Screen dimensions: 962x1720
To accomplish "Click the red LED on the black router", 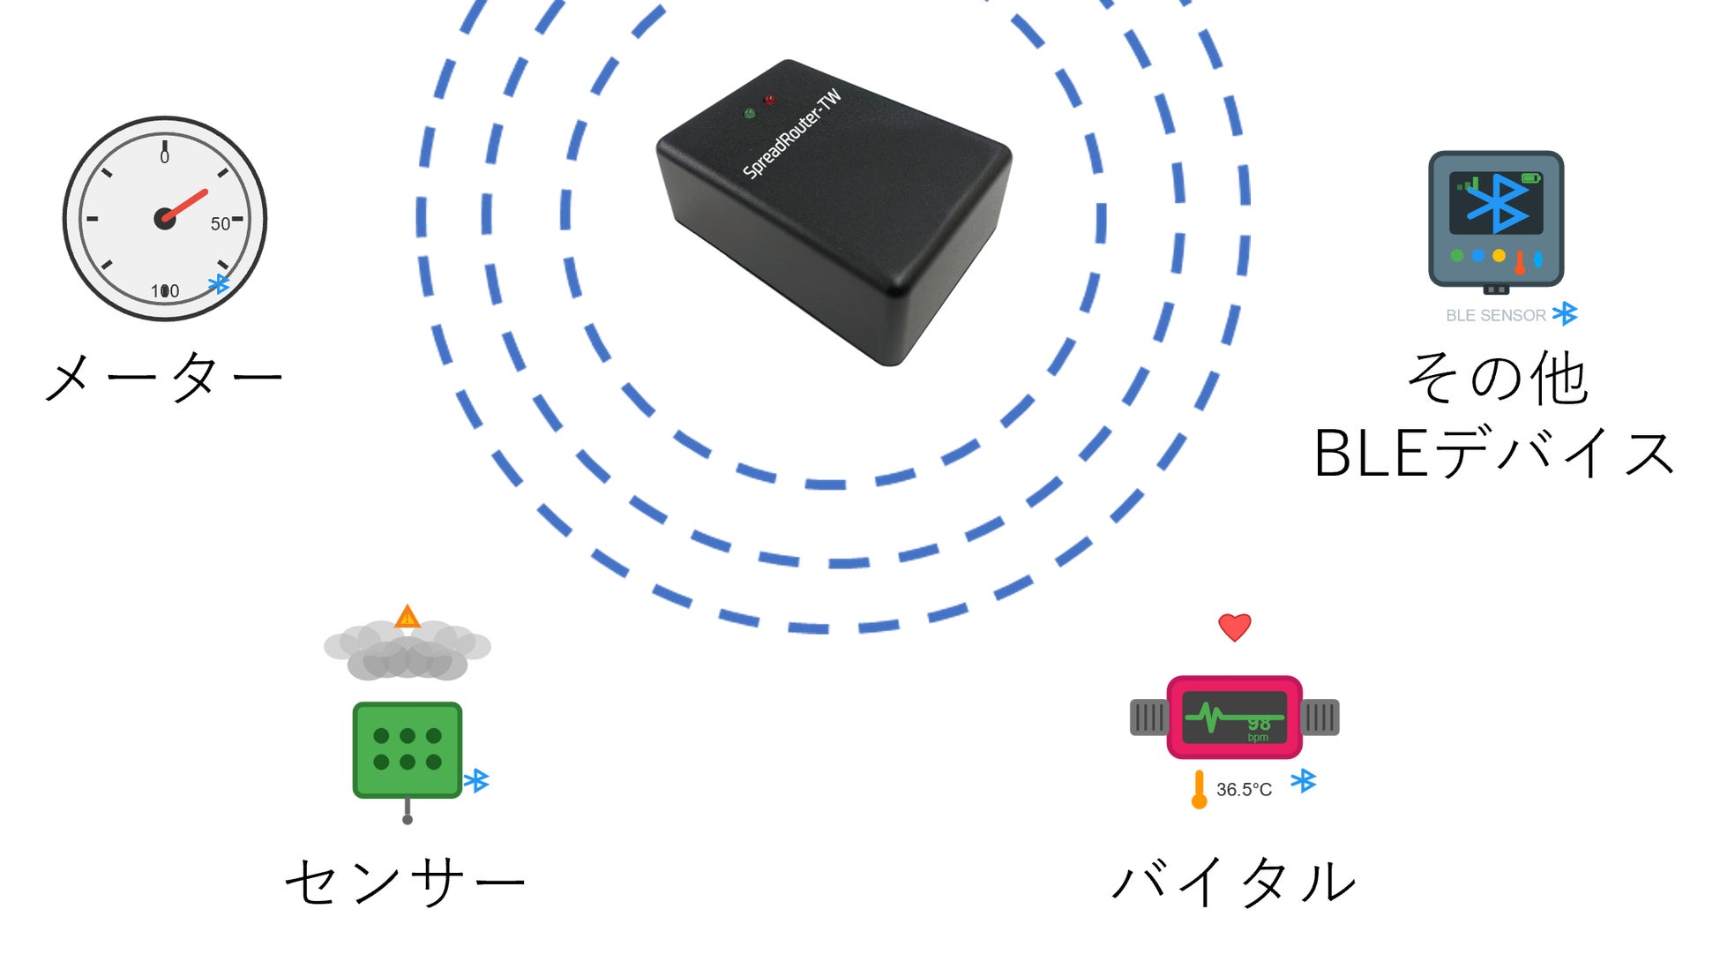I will (x=769, y=100).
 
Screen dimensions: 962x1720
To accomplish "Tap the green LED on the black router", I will (x=750, y=113).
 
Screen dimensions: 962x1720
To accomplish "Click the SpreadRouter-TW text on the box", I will (x=792, y=134).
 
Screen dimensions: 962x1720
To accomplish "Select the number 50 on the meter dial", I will (x=220, y=224).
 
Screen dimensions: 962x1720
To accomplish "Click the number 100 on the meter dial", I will (x=165, y=291).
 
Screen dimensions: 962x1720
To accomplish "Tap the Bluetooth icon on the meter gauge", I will (x=218, y=284).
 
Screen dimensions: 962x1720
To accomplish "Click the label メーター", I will (x=163, y=377).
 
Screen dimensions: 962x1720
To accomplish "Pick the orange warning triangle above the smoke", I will (x=407, y=616).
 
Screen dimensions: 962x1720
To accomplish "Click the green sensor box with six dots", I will (x=408, y=749).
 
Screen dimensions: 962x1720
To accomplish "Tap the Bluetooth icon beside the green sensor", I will (x=477, y=780).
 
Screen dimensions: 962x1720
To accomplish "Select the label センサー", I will (x=405, y=882).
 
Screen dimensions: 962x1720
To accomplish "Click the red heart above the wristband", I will (x=1234, y=627).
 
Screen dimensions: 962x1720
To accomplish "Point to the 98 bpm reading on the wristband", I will (x=1258, y=728).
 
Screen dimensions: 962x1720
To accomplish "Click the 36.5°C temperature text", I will (x=1244, y=790).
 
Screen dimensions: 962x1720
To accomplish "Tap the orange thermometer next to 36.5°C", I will (x=1199, y=789).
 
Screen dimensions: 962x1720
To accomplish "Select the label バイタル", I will (x=1234, y=882).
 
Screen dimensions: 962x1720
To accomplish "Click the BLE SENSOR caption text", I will (x=1495, y=315).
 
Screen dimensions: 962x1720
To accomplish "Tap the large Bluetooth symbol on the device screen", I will (x=1496, y=202).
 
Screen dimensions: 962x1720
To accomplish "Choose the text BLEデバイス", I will (x=1494, y=454).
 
